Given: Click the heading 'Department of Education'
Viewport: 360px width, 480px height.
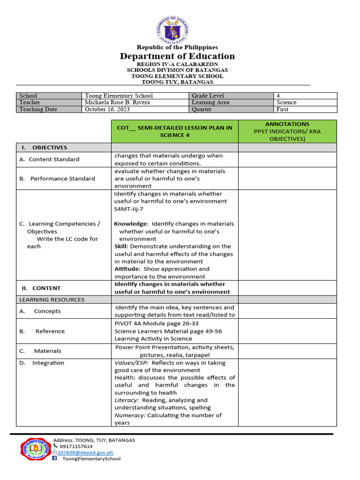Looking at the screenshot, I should point(177,56).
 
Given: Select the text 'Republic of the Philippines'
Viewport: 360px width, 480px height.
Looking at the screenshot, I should point(177,47).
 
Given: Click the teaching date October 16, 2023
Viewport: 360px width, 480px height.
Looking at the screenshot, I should point(107,109).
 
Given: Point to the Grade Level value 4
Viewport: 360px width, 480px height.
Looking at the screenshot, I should point(278,96).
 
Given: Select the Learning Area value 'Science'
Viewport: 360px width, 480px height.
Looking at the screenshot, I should point(286,102).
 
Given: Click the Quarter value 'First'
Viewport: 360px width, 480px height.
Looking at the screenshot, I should point(283,109).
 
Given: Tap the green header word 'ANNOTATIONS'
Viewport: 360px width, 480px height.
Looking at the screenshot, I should point(287,124).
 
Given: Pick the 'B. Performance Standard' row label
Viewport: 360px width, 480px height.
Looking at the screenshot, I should point(58,179).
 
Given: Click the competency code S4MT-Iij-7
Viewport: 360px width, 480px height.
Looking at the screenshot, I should point(129,209).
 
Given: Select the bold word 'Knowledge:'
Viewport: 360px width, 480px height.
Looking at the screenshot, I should point(131,224).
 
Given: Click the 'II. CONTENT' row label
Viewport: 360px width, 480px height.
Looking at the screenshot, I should point(41,288).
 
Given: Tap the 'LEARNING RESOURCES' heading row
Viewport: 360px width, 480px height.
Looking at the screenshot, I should point(52,300).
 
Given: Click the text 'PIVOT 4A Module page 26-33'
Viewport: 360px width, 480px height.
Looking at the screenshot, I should point(156,323).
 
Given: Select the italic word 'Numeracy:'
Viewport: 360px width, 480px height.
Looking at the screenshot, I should point(130,415).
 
